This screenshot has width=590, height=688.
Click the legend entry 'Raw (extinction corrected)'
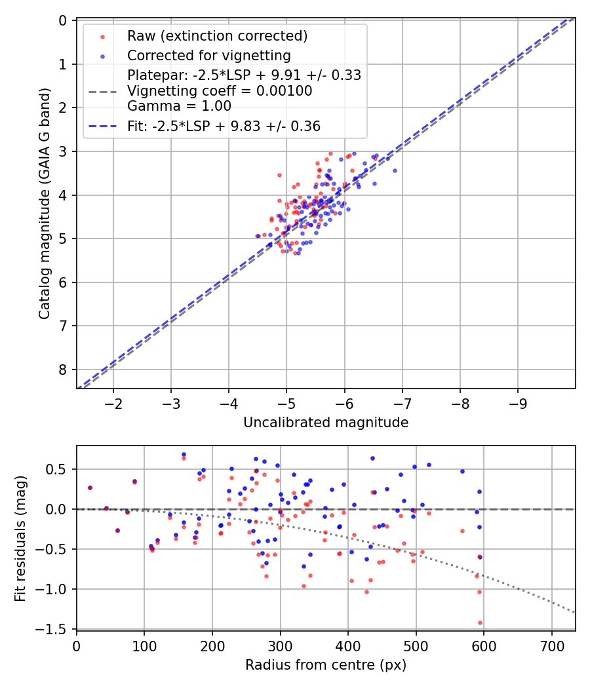tap(218, 35)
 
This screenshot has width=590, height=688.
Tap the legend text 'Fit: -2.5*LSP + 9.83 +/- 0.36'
tap(224, 126)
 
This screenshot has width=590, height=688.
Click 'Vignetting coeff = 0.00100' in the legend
tap(220, 91)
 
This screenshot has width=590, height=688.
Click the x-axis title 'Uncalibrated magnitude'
tap(326, 423)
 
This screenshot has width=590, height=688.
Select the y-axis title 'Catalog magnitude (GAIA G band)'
tap(44, 204)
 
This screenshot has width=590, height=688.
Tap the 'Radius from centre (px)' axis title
tap(326, 665)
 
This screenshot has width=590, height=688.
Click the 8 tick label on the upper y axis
tap(63, 370)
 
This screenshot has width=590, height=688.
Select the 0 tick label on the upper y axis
tap(63, 20)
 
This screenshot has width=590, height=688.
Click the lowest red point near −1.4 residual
tap(480, 622)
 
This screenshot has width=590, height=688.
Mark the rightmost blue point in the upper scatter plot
tap(395, 170)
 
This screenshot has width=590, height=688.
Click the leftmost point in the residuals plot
tap(90, 487)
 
